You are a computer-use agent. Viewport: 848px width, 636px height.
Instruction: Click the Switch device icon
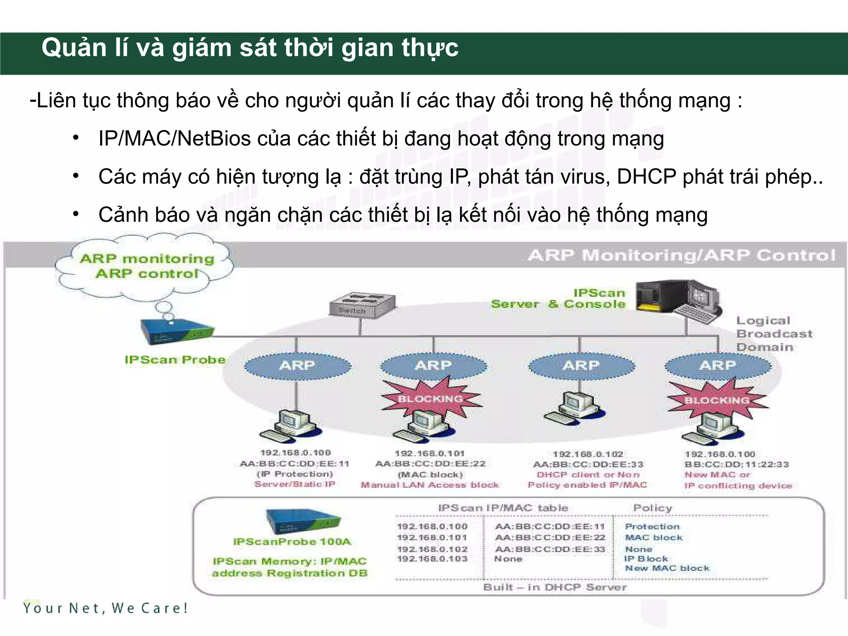[362, 306]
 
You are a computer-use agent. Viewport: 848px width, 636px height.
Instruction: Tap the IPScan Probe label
[175, 360]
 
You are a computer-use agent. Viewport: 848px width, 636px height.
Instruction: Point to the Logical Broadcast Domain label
[773, 334]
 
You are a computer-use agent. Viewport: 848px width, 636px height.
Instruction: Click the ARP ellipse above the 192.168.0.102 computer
[581, 366]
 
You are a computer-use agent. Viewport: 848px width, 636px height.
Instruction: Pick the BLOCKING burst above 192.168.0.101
[431, 399]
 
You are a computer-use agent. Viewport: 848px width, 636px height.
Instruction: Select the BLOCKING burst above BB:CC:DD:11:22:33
[717, 400]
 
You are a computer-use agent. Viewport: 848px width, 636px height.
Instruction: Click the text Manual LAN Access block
[430, 485]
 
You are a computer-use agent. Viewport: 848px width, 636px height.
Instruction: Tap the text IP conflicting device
[738, 486]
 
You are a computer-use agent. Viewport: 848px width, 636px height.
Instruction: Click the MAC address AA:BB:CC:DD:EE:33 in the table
[550, 549]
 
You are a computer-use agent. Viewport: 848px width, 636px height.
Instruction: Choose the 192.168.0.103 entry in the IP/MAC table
[432, 559]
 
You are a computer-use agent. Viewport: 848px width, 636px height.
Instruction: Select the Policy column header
[653, 508]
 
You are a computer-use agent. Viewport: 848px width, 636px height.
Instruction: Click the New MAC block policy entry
[667, 569]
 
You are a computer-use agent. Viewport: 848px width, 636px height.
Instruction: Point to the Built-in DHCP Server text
[555, 587]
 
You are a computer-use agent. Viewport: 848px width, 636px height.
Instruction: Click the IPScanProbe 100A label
[292, 542]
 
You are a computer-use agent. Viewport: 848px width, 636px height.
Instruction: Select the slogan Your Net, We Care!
[106, 608]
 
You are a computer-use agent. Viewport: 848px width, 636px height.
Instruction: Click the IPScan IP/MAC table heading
[503, 508]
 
